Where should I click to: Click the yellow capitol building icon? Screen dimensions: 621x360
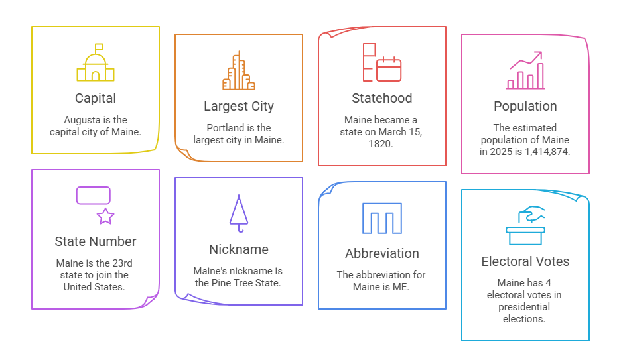96,62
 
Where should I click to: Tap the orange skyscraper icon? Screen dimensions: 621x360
239,70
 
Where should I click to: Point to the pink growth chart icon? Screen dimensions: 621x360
525,70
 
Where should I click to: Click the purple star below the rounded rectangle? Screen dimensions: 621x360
105,216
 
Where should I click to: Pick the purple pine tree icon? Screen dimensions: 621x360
239,213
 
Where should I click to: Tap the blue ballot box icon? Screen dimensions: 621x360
525,225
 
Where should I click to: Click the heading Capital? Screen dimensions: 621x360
96,98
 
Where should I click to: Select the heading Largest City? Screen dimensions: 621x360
239,106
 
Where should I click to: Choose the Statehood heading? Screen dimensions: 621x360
382,98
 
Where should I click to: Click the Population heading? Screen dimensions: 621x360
525,106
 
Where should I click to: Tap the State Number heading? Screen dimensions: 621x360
96,241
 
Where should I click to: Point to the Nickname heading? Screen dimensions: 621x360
239,249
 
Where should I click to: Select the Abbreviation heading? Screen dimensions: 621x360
382,253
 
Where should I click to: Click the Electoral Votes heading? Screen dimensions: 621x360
525,261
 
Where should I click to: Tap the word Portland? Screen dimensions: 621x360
222,128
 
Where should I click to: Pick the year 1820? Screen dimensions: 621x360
381,144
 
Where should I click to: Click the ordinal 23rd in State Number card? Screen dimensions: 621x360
122,263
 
